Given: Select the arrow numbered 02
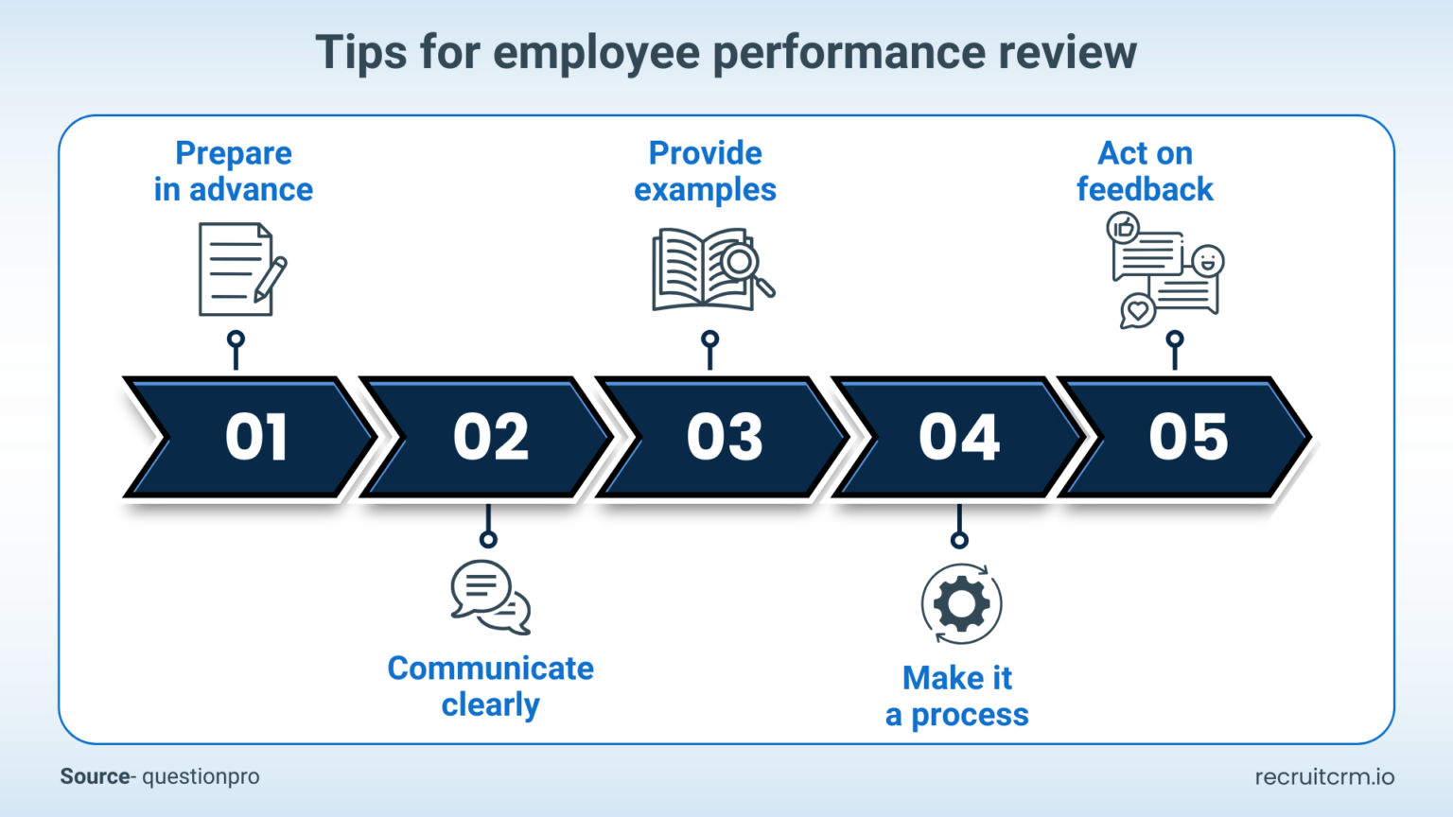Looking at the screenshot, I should [489, 437].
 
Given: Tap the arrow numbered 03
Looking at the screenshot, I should [724, 437].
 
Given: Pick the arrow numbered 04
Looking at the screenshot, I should [958, 437].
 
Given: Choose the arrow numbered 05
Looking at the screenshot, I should [1188, 437].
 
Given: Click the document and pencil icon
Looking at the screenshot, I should [240, 269].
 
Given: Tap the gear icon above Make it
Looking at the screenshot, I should [961, 604].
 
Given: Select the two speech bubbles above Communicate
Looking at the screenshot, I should [490, 597].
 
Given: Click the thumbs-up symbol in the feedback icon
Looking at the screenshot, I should [1124, 228].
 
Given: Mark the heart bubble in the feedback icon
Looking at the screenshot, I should [1137, 310].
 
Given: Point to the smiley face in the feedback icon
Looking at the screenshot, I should [1207, 260].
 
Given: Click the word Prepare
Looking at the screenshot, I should [234, 153].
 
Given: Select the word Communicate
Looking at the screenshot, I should [490, 669].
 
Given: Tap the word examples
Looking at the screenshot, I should [705, 190].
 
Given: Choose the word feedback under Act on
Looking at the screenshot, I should [1145, 190].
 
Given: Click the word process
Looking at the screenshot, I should [970, 716].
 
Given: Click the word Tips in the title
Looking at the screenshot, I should [362, 52].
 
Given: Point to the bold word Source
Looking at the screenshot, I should [95, 776].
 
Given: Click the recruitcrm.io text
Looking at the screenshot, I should [1324, 776].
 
